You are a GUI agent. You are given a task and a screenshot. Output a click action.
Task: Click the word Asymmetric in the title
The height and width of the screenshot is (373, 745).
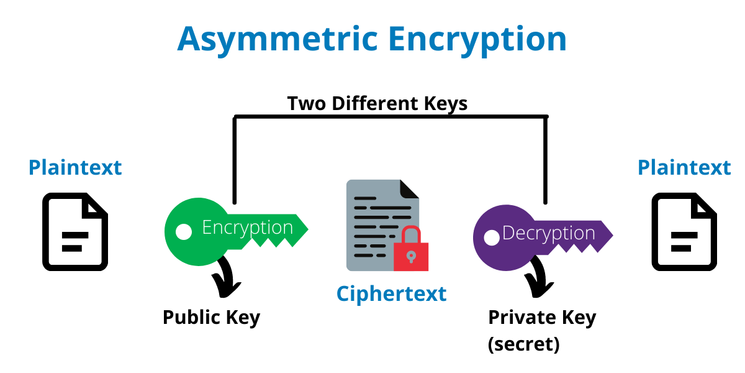coord(278,40)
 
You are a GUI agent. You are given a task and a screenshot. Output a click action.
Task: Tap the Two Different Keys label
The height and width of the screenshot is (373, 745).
coord(377,104)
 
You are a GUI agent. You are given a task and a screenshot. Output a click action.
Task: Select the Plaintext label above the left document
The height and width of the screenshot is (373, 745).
coord(75,167)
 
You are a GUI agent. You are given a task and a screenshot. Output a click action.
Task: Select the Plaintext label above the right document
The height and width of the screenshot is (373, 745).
coord(684,167)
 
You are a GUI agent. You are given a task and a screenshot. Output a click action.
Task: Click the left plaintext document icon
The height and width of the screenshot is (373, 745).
coord(75,232)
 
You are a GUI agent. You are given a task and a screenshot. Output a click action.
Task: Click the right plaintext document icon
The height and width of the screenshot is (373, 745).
coord(684,232)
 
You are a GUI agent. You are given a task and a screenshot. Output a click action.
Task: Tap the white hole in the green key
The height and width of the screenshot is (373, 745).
coord(184,232)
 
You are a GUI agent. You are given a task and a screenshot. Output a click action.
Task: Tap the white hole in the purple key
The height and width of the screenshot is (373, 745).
coord(492,237)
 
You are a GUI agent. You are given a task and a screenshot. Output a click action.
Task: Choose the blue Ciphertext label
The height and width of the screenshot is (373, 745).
coord(392,293)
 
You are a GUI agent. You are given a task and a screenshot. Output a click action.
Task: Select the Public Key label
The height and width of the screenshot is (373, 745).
coord(212,318)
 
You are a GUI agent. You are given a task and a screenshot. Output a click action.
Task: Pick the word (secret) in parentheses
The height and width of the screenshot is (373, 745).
coord(524,344)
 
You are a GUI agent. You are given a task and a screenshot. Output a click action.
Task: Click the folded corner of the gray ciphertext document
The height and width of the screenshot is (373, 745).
coord(409,189)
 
